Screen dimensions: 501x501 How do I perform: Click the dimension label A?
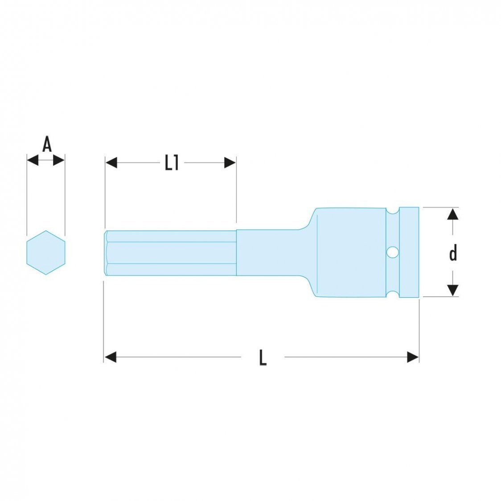(47, 144)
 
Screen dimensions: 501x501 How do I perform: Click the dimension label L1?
(172, 163)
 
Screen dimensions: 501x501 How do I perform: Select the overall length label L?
(263, 357)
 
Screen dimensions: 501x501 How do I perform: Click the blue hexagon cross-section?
(46, 252)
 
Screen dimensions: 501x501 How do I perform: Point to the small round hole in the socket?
(392, 252)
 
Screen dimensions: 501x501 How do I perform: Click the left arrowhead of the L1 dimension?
(111, 163)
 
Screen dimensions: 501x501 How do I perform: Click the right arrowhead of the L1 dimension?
(230, 163)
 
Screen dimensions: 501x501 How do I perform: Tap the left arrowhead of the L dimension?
(110, 357)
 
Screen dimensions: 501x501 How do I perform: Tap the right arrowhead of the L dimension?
(413, 357)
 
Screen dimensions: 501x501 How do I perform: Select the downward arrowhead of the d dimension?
(453, 290)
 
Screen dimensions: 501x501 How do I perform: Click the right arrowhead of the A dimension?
(59, 160)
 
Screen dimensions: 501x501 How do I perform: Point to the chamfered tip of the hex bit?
(106, 253)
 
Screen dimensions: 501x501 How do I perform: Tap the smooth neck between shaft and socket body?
(272, 253)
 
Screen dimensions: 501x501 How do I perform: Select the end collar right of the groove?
(409, 252)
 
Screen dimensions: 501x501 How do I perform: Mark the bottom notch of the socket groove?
(392, 294)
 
